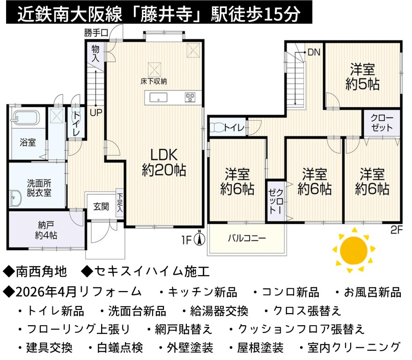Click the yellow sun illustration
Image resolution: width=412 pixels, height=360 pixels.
tap(353, 250)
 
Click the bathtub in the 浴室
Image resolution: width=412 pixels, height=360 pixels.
tap(26, 117)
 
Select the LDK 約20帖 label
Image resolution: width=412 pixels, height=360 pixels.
tap(164, 162)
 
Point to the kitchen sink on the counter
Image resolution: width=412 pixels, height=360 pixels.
tap(158, 97)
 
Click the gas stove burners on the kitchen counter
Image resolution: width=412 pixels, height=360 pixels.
tap(190, 97)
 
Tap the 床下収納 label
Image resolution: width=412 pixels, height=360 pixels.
tap(154, 81)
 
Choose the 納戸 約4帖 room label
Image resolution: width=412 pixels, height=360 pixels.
tap(46, 230)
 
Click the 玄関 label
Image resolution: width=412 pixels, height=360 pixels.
tap(101, 207)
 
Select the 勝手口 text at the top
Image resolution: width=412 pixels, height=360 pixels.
tap(96, 33)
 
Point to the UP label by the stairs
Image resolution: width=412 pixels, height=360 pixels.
tap(96, 113)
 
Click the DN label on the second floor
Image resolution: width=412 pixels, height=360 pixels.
tap(314, 52)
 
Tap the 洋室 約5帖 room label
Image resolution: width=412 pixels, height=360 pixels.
tap(362, 76)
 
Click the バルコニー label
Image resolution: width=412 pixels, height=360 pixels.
tap(247, 239)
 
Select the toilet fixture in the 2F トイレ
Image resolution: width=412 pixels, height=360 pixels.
tap(217, 127)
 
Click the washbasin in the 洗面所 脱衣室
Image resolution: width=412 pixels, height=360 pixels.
tap(15, 198)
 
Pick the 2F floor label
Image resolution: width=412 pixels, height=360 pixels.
tap(397, 230)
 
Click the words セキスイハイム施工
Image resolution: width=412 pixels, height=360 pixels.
tap(152, 271)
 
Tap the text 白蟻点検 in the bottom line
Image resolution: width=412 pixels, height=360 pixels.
tap(120, 347)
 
